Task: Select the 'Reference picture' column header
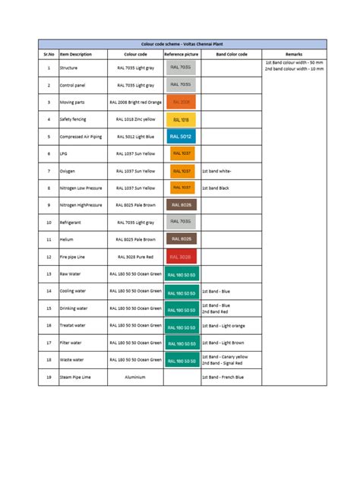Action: [182, 55]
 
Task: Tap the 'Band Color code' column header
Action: [232, 55]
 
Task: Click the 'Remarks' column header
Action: [294, 55]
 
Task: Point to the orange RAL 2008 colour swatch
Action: [182, 102]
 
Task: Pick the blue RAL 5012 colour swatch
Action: [182, 137]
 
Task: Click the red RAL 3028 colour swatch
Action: [182, 257]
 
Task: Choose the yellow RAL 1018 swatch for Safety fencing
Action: [182, 119]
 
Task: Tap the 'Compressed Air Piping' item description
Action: [82, 137]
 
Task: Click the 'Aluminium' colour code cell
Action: [135, 377]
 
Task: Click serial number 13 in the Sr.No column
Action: [49, 273]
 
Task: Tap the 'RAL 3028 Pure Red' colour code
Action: [135, 257]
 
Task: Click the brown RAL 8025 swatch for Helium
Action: [182, 240]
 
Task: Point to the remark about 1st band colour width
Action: [294, 64]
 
